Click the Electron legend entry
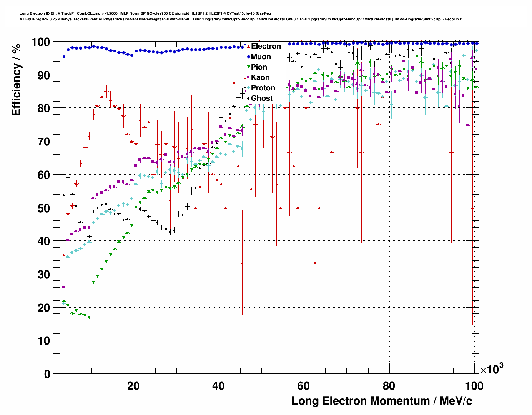pos(266,46)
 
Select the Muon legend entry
pos(261,57)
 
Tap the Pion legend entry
pos(258,67)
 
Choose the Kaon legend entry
pos(260,77)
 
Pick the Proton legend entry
pos(263,88)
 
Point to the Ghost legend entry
pos(261,98)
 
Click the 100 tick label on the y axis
pos(40,42)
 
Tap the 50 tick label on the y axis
pos(43,208)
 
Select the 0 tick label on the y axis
pos(47,374)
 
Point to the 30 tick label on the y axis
pos(43,274)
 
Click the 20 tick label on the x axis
pos(133,385)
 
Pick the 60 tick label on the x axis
pos(304,385)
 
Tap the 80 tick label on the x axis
pos(389,385)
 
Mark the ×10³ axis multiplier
pos(492,369)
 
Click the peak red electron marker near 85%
pos(106,92)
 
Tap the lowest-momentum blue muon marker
pos(64,57)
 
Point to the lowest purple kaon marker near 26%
pos(64,287)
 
